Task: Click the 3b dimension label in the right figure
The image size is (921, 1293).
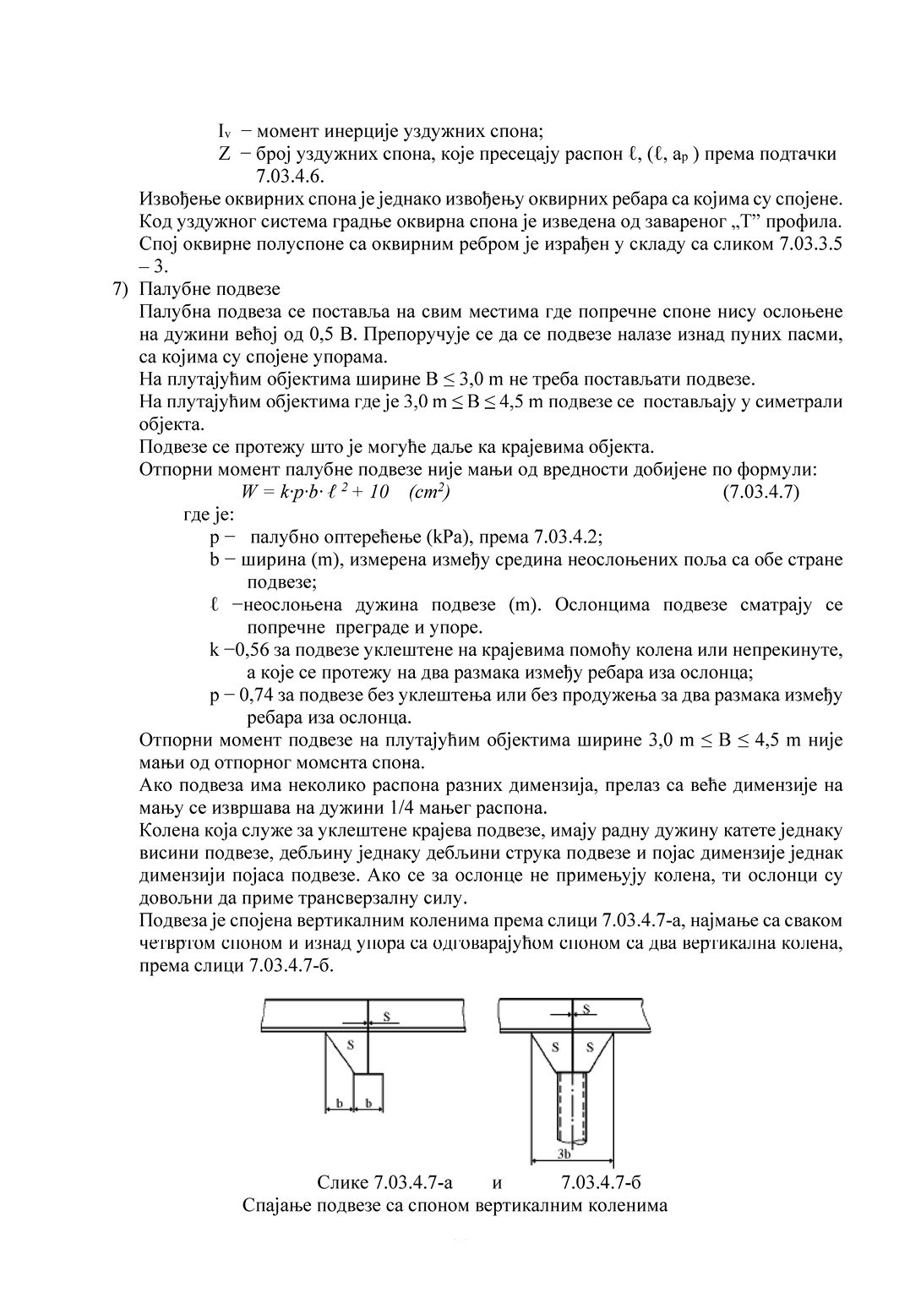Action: point(564,1153)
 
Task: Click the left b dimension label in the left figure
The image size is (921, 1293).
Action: point(339,1104)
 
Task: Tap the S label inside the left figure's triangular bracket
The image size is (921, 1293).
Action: point(351,1045)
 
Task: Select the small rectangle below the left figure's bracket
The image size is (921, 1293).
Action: point(368,1089)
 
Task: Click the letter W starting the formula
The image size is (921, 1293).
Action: point(248,492)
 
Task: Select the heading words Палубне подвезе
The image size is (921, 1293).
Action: point(210,290)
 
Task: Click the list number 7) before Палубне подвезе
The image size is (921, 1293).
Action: point(121,290)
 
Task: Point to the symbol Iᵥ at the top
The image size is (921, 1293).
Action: point(224,132)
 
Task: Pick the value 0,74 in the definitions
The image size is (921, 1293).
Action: point(258,696)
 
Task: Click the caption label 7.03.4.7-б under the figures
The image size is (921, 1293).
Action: point(601,1182)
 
